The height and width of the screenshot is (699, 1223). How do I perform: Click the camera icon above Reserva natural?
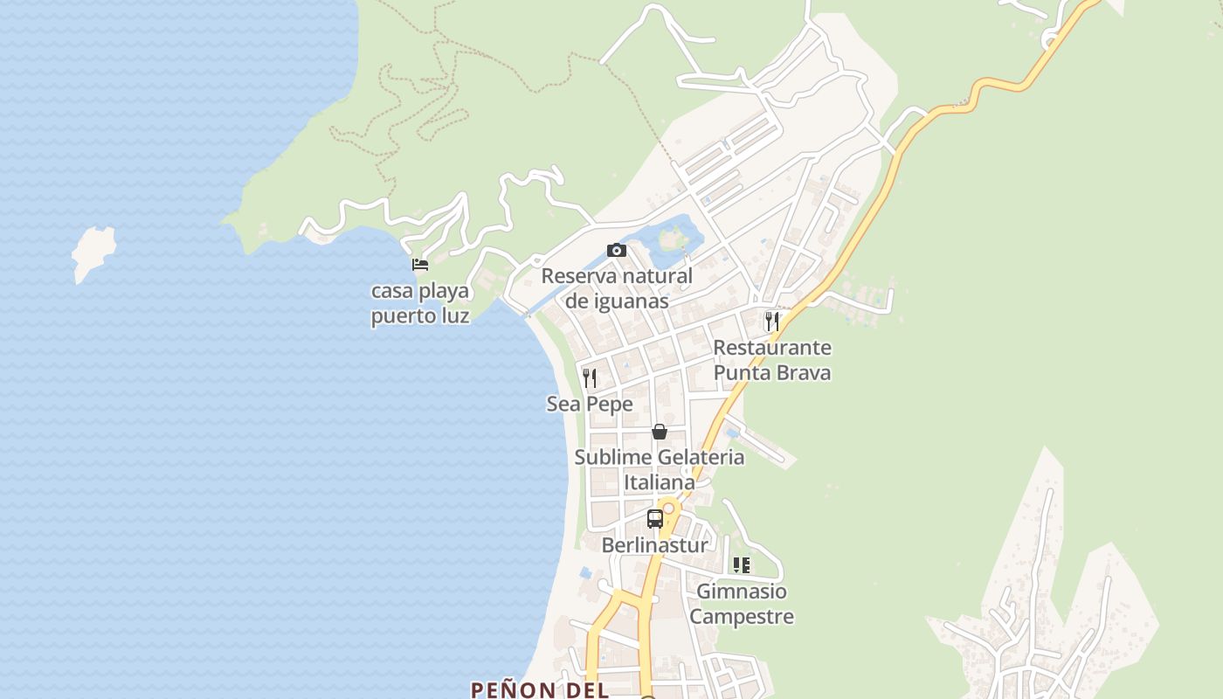click(617, 251)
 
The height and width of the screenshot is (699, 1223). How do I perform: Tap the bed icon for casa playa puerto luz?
click(420, 264)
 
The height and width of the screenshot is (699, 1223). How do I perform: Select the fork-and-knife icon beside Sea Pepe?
click(590, 377)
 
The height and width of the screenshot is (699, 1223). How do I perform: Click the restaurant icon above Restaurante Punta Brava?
click(771, 321)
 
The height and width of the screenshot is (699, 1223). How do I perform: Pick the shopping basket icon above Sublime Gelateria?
click(660, 432)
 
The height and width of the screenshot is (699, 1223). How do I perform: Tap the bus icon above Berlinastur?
click(655, 518)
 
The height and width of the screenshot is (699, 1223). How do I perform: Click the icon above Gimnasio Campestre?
click(742, 565)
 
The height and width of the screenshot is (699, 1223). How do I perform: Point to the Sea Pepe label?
click(590, 404)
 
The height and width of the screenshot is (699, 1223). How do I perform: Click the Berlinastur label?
click(655, 545)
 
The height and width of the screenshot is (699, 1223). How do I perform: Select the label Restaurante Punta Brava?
click(772, 360)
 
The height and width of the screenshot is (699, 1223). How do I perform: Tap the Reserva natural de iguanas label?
click(617, 288)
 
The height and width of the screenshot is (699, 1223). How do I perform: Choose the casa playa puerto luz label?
click(420, 303)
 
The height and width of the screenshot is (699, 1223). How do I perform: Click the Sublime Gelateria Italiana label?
click(660, 469)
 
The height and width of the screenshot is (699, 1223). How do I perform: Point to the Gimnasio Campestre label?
click(742, 604)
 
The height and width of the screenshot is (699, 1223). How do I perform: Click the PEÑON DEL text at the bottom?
click(539, 689)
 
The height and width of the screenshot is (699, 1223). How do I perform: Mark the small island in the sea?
click(93, 252)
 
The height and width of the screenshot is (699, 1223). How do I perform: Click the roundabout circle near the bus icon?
click(669, 508)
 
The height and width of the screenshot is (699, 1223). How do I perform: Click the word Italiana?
click(660, 481)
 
